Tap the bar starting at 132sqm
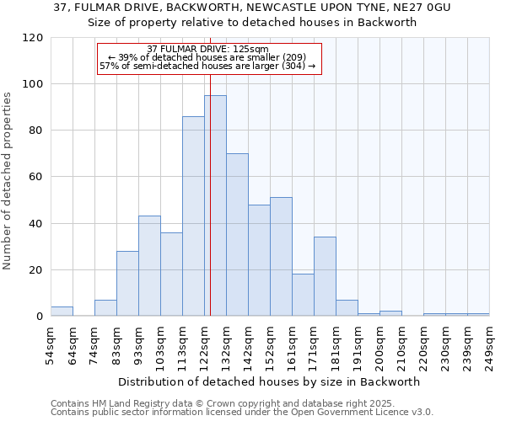(x=237, y=235)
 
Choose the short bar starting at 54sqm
(x=62, y=312)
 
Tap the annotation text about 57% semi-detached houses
(x=207, y=65)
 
